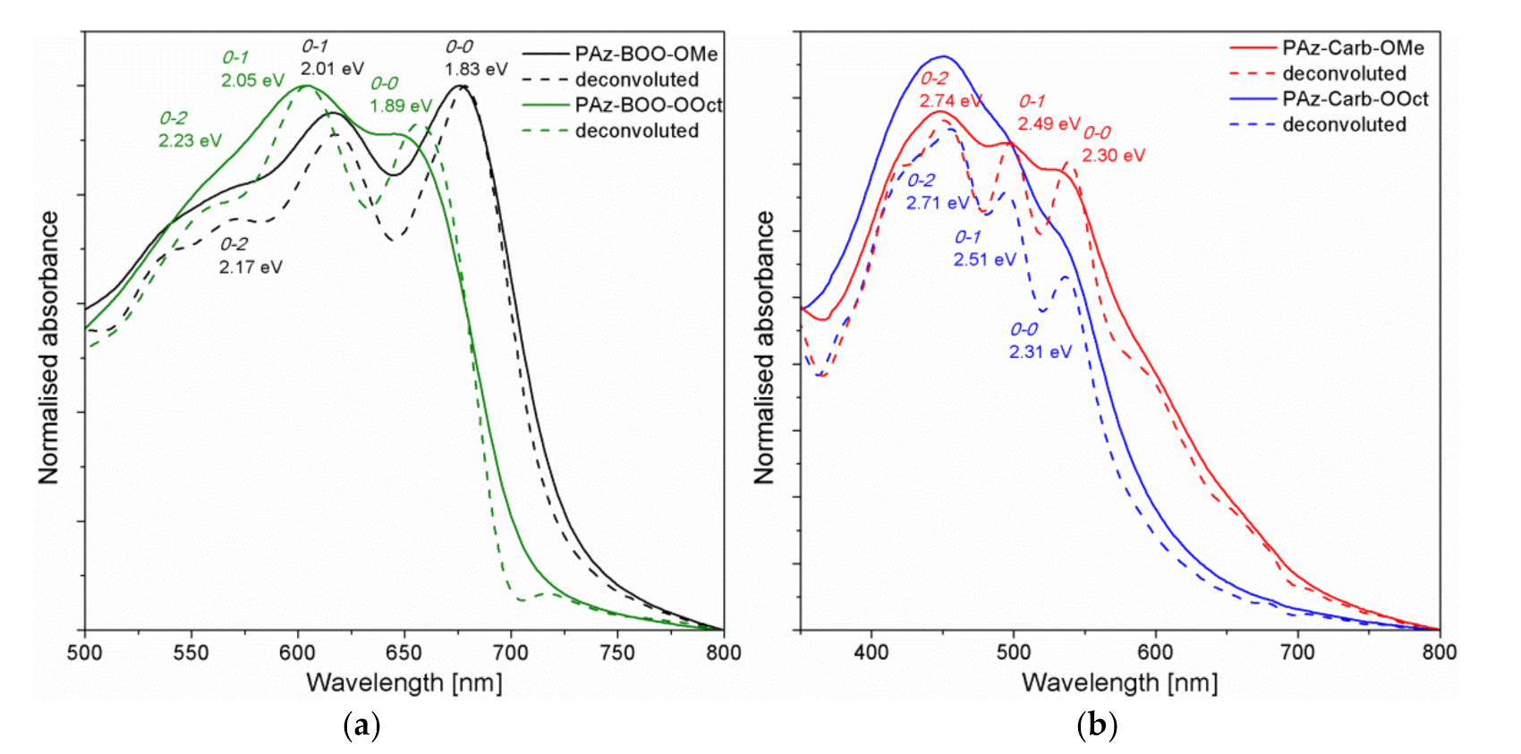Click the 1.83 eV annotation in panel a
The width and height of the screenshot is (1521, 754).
click(x=476, y=69)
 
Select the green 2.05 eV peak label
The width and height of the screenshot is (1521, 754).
click(x=252, y=80)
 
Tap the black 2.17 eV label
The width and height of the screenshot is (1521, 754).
click(x=251, y=267)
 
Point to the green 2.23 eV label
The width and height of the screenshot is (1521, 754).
click(x=190, y=140)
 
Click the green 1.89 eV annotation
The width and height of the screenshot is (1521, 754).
click(x=401, y=106)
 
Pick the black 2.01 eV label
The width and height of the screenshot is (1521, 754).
click(x=332, y=69)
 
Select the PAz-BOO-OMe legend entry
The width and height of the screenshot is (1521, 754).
click(x=646, y=54)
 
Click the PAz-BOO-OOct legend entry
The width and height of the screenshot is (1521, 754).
click(x=648, y=105)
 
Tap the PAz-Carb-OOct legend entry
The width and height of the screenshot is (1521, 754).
click(x=1355, y=98)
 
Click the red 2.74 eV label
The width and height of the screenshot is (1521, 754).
click(x=950, y=101)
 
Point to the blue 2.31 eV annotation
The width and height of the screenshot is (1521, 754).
click(x=1040, y=352)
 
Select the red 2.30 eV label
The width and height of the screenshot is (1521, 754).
click(x=1113, y=156)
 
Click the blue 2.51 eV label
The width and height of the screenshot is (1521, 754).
click(x=984, y=259)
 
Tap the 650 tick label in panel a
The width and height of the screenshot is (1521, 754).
click(x=404, y=653)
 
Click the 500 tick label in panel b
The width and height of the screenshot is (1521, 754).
click(x=1013, y=653)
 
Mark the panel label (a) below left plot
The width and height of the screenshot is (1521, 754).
click(x=361, y=724)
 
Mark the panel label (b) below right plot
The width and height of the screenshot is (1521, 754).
click(x=1097, y=724)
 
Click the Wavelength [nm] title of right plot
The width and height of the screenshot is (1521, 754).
click(x=1119, y=683)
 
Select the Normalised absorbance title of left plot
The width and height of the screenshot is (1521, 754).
click(x=48, y=348)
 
